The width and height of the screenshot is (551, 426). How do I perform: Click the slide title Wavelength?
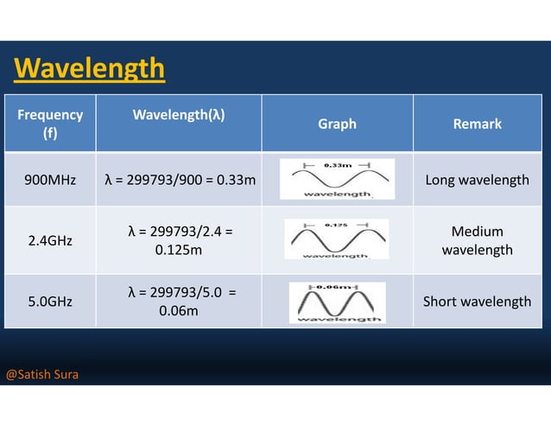(x=90, y=67)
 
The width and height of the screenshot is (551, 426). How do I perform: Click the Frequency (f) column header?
(x=50, y=124)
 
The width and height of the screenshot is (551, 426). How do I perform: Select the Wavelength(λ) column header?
(x=179, y=115)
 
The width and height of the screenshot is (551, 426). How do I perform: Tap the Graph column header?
(x=337, y=124)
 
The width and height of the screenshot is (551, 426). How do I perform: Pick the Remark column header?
(x=477, y=124)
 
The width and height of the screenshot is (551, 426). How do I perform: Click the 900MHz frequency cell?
(x=50, y=180)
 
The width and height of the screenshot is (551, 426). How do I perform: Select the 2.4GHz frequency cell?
(x=50, y=240)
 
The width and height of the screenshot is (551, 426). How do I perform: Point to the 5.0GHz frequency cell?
(x=50, y=302)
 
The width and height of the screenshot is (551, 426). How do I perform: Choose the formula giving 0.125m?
(x=179, y=240)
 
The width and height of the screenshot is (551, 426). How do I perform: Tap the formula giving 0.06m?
(x=179, y=302)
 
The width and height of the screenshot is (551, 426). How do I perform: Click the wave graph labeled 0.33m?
(x=337, y=179)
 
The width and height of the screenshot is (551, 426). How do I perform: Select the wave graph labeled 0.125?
(x=336, y=239)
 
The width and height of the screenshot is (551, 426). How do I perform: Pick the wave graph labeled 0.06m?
(x=337, y=302)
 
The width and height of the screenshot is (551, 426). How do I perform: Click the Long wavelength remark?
(x=477, y=180)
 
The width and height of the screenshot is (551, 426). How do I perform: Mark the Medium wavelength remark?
(x=477, y=240)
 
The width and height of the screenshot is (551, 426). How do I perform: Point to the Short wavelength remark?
(x=477, y=302)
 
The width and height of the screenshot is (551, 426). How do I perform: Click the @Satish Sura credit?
(x=42, y=375)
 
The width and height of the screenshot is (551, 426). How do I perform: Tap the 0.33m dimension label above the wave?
(x=336, y=163)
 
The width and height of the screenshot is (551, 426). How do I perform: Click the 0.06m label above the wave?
(x=335, y=287)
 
